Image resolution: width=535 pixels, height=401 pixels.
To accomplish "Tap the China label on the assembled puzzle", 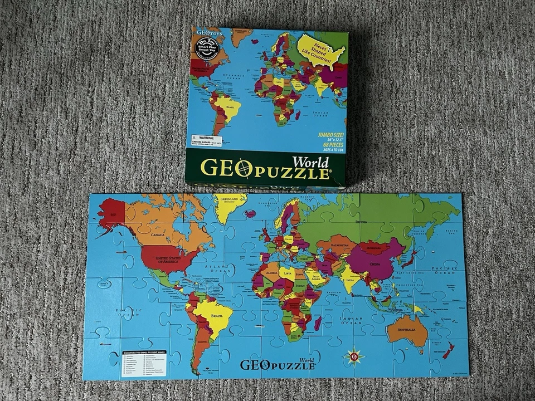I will (377, 260).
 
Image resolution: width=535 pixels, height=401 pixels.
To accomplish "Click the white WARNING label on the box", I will (205, 140).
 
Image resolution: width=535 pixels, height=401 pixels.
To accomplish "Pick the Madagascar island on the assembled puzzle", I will (318, 322).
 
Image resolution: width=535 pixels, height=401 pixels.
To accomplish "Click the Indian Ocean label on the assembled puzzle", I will (352, 320).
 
